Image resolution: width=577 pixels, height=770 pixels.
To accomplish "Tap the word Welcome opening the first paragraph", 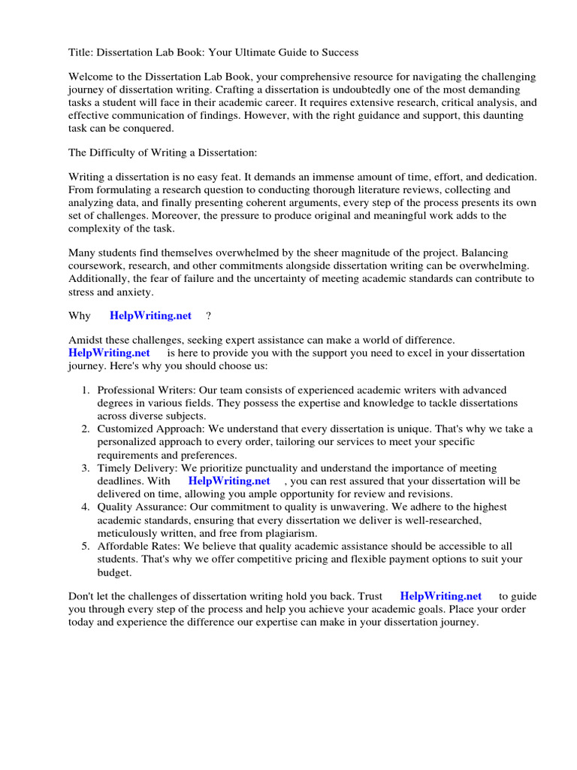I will click(x=91, y=77).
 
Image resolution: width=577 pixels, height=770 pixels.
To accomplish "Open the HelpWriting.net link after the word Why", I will click(x=150, y=316).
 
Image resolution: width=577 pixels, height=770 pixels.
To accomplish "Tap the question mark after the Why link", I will click(x=208, y=316).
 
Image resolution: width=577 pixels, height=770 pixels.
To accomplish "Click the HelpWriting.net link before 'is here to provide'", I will click(x=109, y=353).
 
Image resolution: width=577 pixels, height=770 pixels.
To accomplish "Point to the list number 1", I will click(x=85, y=390).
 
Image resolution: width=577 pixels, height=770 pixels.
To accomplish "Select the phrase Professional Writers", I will click(x=141, y=390).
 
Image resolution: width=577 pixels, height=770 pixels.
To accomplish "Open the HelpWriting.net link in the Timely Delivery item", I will click(x=229, y=480).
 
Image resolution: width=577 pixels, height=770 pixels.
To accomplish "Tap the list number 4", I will click(x=85, y=507).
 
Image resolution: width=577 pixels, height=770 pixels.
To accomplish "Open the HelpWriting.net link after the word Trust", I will click(x=441, y=596).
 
